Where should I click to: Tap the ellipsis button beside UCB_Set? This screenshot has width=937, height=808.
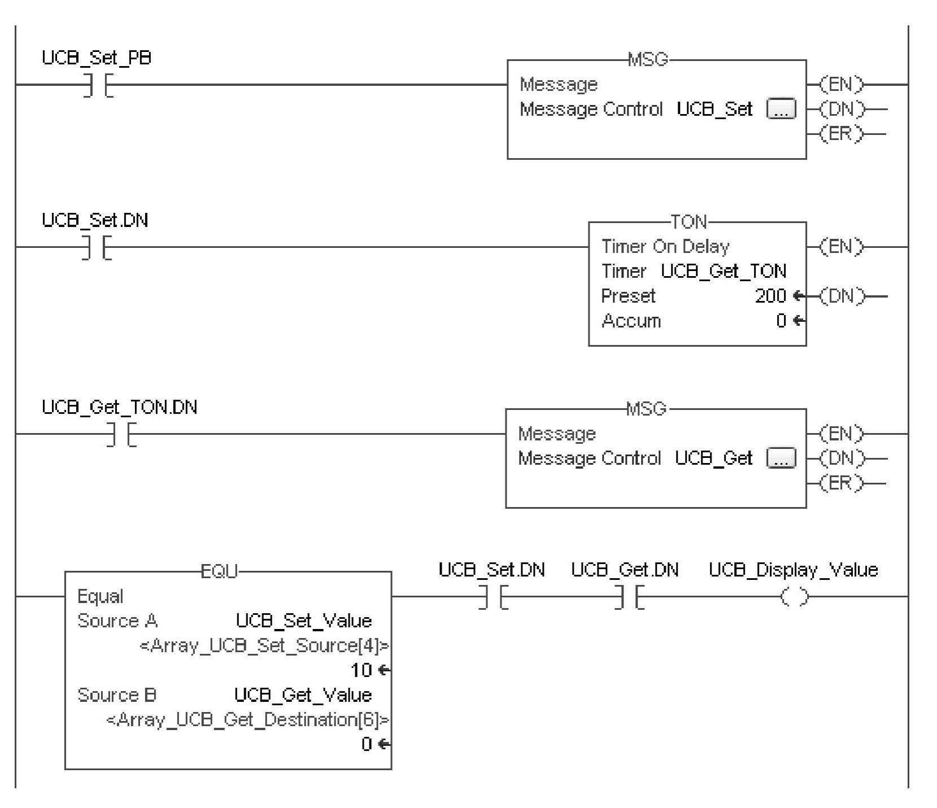(x=781, y=109)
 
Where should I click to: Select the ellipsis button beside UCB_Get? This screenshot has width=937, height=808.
(x=781, y=458)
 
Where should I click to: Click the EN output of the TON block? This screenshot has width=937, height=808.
(x=842, y=247)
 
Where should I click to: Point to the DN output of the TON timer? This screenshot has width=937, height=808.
(x=842, y=296)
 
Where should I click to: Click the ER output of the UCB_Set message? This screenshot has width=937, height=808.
(x=842, y=134)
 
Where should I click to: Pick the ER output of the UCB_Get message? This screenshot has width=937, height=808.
(x=842, y=483)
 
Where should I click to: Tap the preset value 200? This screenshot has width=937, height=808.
(x=770, y=296)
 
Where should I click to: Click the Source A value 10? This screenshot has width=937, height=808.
(x=361, y=670)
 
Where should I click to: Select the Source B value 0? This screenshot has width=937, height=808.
(x=367, y=744)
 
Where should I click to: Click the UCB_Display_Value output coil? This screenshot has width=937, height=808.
(x=794, y=596)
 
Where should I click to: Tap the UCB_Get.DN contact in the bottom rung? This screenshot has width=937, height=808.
(x=629, y=596)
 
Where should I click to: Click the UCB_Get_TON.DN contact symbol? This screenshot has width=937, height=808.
(x=121, y=434)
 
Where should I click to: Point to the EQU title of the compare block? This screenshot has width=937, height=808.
(x=220, y=571)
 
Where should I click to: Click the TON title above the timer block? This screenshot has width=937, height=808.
(x=688, y=222)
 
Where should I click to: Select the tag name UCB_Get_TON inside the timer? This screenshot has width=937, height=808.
(x=724, y=272)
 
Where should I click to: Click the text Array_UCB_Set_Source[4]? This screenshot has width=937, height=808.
(x=264, y=645)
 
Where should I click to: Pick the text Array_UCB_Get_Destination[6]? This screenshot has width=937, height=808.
(x=247, y=720)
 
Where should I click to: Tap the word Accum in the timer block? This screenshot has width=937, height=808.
(x=631, y=321)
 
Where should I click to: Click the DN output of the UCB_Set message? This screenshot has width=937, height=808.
(x=842, y=109)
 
